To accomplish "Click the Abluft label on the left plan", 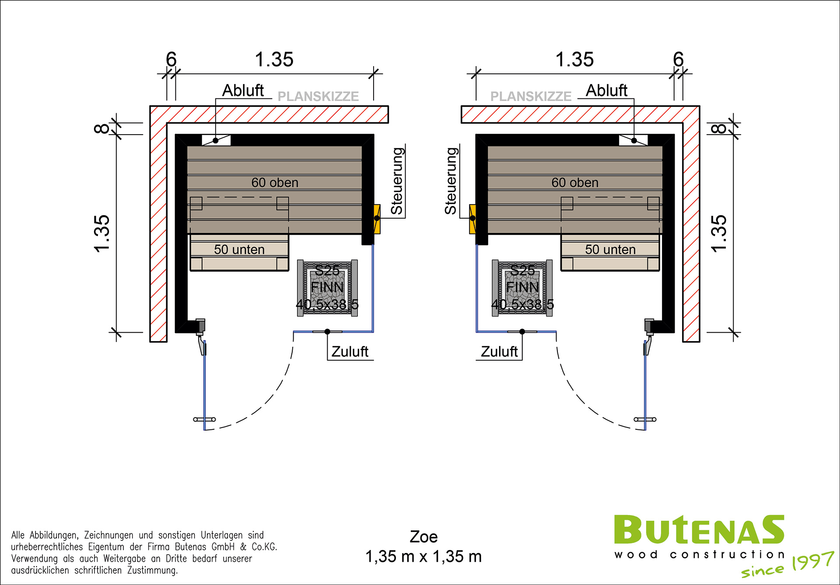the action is [x=243, y=91].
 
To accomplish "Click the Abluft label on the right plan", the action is [x=606, y=91].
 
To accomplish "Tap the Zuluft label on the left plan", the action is [x=350, y=352].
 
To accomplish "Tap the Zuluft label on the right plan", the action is [x=499, y=352].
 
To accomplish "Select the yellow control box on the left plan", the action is [x=377, y=219].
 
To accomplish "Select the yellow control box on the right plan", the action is [x=472, y=219].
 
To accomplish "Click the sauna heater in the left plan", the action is [x=327, y=288].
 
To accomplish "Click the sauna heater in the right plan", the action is [x=522, y=288].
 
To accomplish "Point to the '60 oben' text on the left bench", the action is [x=275, y=183].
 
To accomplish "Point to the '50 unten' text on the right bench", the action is [x=610, y=250].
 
